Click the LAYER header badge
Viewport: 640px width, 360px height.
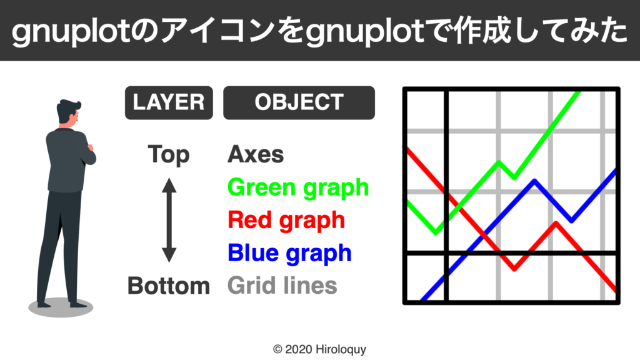169,102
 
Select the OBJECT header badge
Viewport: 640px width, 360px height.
299,102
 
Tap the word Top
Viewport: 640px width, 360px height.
169,154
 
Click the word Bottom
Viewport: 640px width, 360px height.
169,286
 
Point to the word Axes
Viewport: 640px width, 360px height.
256,154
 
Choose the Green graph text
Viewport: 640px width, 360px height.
298,187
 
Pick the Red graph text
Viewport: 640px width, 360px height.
286,220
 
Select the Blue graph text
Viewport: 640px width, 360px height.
289,252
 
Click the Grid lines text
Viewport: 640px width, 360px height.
282,286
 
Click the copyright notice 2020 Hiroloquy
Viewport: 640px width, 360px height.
319,349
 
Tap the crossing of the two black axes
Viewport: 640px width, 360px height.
446,253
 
